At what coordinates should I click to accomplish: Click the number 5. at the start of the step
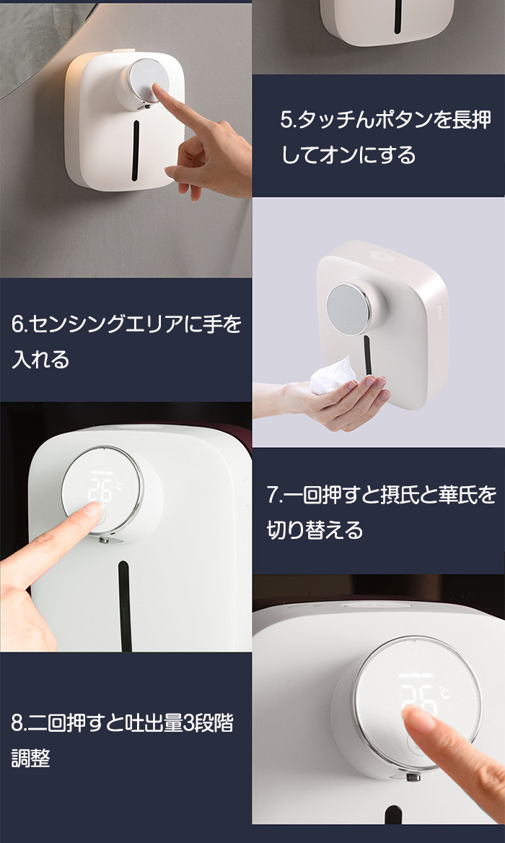(x=288, y=120)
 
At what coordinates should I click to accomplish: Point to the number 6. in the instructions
(x=19, y=325)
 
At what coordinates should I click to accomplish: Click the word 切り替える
(x=315, y=530)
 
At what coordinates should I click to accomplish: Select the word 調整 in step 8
(x=31, y=758)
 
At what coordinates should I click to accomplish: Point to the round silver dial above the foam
(x=348, y=308)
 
